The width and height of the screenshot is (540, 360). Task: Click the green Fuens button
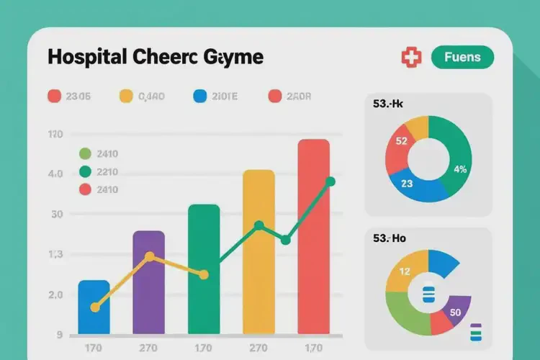tap(462, 57)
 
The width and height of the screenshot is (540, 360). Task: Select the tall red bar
tap(313, 238)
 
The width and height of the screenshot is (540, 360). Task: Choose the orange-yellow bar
tap(259, 252)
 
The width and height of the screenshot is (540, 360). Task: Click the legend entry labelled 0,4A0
tap(143, 96)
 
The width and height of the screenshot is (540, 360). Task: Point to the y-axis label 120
tap(55, 135)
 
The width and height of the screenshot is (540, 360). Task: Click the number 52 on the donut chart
tap(402, 141)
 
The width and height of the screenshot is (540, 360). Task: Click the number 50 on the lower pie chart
tap(454, 312)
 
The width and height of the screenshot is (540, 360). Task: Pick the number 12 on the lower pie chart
tap(404, 271)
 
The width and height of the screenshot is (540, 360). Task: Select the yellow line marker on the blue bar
tap(94, 307)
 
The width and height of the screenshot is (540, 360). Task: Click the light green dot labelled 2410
tap(85, 153)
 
